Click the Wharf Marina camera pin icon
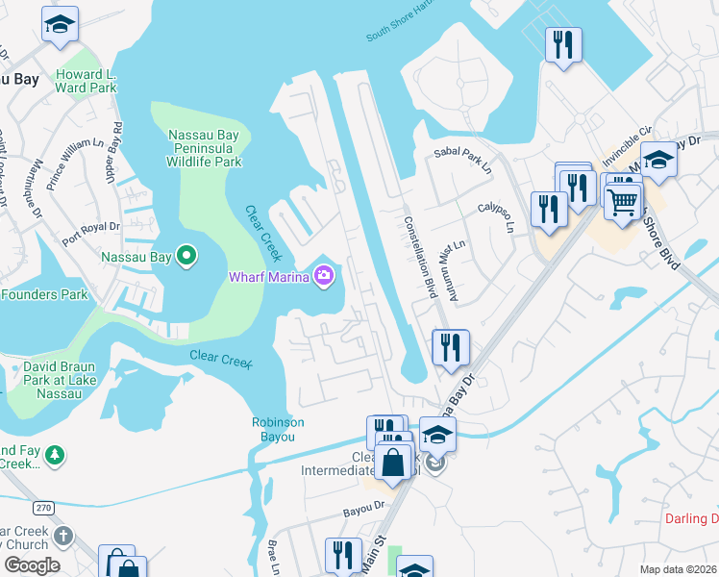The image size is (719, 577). [x=324, y=277]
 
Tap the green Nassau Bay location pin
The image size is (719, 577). [x=188, y=257]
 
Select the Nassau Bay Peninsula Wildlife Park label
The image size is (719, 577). [x=204, y=148]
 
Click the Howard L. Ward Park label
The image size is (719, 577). [x=86, y=82]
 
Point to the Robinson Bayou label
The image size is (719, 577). [x=278, y=429]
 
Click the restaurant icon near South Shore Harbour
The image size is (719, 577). [x=563, y=44]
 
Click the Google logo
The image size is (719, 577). [x=32, y=565]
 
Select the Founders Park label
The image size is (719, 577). [x=44, y=294]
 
